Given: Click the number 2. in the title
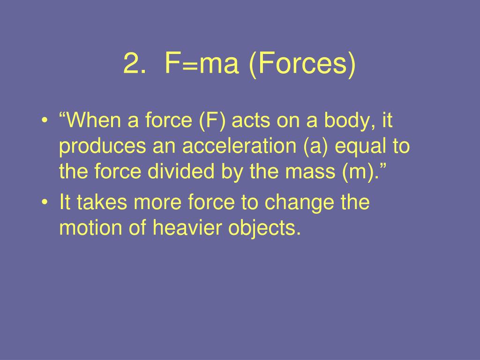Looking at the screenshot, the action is click(134, 63).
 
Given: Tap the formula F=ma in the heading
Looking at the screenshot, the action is click(202, 63).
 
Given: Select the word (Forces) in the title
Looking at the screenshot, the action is click(303, 64).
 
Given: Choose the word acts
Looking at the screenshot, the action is click(251, 120).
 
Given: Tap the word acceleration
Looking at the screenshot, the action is click(240, 146).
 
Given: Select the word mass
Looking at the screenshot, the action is click(310, 172).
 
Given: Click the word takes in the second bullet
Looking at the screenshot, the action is click(102, 202).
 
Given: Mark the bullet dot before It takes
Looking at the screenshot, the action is click(45, 202).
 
